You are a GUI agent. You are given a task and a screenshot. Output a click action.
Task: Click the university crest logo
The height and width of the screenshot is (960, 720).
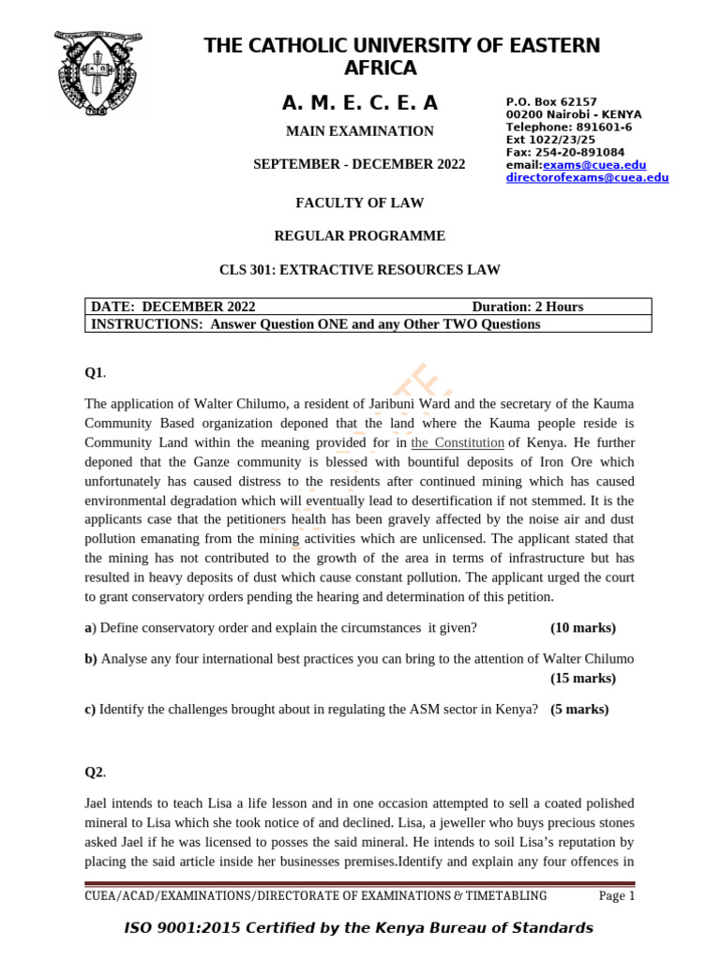99,75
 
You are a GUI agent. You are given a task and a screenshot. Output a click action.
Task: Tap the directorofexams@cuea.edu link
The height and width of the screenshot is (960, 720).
587,177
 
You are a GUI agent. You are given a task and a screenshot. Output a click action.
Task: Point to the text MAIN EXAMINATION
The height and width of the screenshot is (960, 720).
359,131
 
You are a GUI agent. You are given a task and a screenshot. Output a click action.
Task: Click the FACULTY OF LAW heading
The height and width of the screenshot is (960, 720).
359,202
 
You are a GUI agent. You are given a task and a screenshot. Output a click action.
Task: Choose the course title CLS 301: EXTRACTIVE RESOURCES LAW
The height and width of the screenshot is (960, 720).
359,270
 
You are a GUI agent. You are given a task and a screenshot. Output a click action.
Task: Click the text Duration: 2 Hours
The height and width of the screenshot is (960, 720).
527,307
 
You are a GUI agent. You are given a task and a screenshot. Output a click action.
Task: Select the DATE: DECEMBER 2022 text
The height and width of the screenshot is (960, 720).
173,307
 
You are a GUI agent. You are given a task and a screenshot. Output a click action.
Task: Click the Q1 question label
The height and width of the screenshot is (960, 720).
95,373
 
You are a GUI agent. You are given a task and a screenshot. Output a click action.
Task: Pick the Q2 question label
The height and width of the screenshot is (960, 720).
95,772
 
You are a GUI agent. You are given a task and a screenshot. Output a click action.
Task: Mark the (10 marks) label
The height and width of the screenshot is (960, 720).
583,627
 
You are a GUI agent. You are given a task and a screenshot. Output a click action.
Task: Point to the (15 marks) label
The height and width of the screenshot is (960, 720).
583,678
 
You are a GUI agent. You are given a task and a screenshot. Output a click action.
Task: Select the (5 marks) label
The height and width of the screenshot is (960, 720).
579,709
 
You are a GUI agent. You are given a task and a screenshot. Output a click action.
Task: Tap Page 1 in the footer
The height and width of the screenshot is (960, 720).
617,896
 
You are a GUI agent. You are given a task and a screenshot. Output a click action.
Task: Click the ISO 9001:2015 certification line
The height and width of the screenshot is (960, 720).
359,928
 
